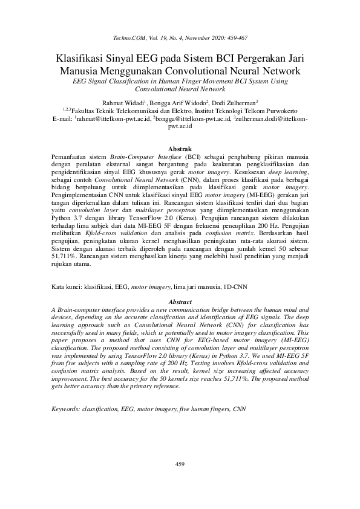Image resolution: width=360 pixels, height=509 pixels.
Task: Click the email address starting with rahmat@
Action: point(113,120)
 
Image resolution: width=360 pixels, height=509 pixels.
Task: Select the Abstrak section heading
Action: point(180,149)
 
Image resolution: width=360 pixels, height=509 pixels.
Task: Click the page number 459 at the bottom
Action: point(180,464)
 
